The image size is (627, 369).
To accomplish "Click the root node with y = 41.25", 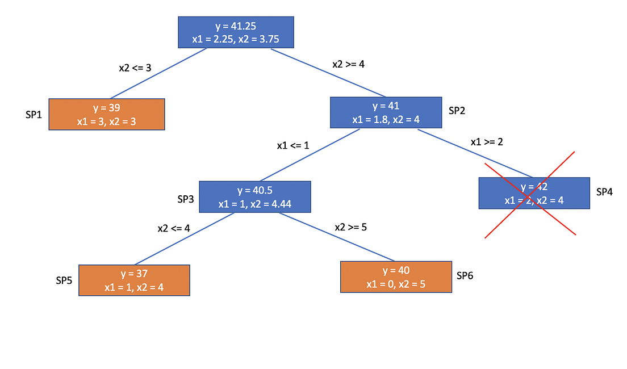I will (236, 32).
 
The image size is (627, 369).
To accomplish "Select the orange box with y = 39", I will (107, 114).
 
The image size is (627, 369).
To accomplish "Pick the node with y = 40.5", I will (255, 196).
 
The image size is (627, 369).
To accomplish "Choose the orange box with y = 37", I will (134, 280).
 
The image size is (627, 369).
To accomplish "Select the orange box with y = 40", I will (396, 276).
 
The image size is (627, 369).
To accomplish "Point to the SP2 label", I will (457, 111).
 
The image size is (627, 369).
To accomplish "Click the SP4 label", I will (604, 192).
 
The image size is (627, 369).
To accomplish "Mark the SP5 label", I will (64, 280).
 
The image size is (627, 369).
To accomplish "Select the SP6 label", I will (465, 276).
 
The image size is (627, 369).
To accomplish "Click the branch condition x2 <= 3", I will (135, 68).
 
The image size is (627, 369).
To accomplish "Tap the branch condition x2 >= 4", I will (348, 64).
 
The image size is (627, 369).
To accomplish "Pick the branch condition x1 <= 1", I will (292, 145).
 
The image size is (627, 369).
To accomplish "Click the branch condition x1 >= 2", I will (487, 142).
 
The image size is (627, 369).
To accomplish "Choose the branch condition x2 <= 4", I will (174, 229).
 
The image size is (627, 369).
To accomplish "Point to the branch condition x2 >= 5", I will (350, 227).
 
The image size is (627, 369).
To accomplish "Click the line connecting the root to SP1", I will (159, 73).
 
